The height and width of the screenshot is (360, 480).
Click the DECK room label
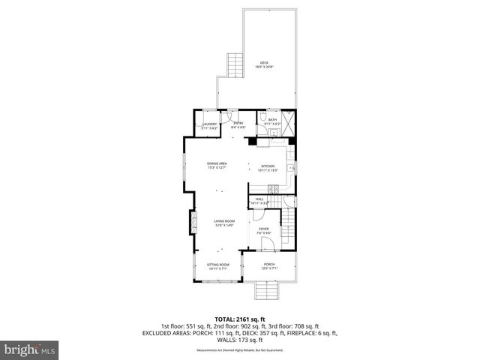[x=263, y=64]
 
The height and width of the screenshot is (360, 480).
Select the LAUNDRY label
[x=209, y=126]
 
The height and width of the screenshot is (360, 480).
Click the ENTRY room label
[x=238, y=124]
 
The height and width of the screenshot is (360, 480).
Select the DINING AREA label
[x=217, y=165]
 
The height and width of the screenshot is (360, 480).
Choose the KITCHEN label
[x=268, y=168]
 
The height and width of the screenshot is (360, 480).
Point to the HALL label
[x=259, y=201]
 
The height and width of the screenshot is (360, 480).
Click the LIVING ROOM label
[x=224, y=223]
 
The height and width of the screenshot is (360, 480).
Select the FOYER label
[x=264, y=230]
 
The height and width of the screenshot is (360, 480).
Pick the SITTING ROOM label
[x=217, y=266]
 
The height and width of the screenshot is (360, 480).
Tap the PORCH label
[x=268, y=266]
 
